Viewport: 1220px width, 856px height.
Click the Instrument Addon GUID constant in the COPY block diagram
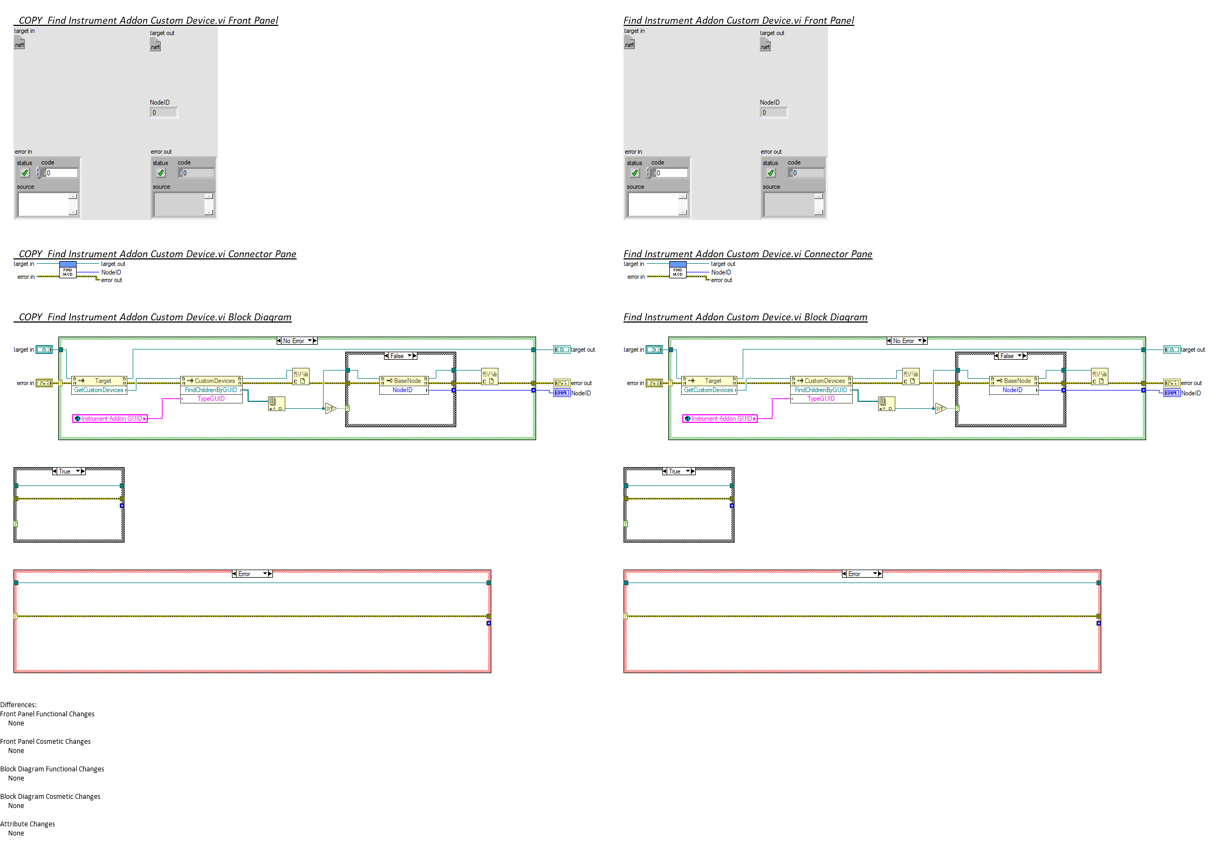click(x=110, y=419)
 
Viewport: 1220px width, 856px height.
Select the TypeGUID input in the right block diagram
click(x=821, y=399)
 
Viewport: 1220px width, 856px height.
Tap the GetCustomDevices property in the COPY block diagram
click(x=99, y=390)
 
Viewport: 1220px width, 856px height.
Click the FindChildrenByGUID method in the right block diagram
click(x=821, y=390)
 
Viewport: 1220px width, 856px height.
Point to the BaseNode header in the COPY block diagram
click(x=404, y=381)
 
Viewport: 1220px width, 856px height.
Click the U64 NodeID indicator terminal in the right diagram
click(x=1171, y=393)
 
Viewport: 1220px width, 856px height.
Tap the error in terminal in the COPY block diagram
click(x=44, y=383)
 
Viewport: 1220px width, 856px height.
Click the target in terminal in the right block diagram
click(x=654, y=350)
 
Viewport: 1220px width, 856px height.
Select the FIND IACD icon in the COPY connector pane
click(x=67, y=270)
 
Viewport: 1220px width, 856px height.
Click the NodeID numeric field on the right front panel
click(x=773, y=113)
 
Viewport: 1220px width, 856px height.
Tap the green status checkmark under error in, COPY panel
click(x=25, y=173)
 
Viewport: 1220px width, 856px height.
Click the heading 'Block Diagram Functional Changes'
click(x=52, y=769)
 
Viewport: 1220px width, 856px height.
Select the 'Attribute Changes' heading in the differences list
click(x=28, y=824)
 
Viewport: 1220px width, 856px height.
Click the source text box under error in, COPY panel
click(x=44, y=204)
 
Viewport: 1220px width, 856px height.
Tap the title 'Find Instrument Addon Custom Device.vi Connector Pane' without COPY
click(x=748, y=254)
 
